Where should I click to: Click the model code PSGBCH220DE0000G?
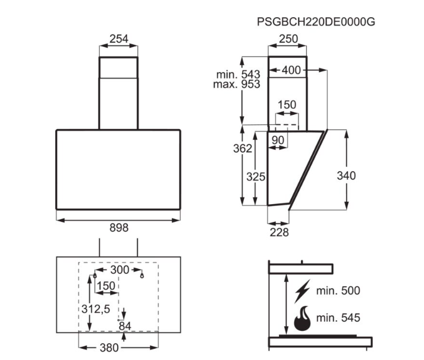coord(316,21)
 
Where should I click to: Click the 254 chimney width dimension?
coord(119,39)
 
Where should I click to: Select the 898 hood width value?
coord(119,228)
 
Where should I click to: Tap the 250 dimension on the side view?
coord(288,39)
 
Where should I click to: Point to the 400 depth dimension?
coord(291,70)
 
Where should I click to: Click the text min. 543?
coord(238,74)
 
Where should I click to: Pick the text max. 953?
coord(237,84)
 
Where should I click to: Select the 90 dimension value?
coord(278,140)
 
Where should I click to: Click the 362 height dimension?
coord(243,148)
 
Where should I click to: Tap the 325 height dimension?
coord(256,177)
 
